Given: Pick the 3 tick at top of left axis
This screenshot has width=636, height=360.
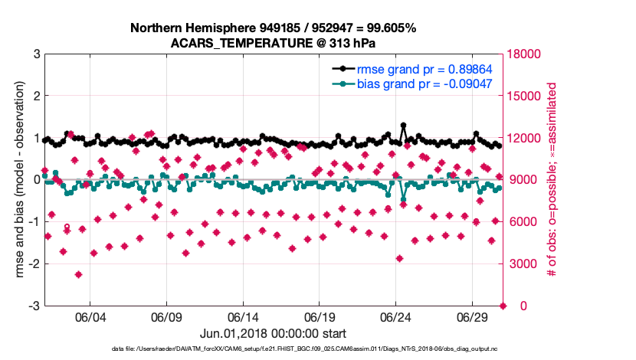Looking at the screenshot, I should tap(36, 54).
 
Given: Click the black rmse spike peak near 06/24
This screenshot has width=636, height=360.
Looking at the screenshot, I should tap(404, 125).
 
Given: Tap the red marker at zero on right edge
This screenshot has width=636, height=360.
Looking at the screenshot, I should tap(503, 306).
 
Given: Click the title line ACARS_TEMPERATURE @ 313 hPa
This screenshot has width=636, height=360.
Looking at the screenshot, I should tap(273, 43).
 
